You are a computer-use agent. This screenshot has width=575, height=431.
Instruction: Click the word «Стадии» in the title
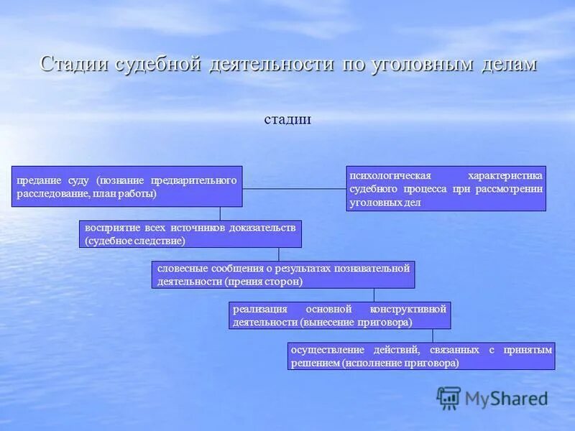(x=74, y=63)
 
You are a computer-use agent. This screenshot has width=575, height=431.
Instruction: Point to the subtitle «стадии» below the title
(x=287, y=119)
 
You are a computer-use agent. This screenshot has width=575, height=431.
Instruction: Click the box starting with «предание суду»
(x=126, y=187)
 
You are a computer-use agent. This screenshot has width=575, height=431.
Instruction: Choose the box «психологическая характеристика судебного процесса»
(x=446, y=189)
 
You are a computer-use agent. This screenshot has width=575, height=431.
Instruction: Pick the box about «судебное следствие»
(x=190, y=234)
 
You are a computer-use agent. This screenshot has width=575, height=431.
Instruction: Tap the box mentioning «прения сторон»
(x=283, y=274)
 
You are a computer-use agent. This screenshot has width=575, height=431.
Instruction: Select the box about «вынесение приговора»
(x=339, y=315)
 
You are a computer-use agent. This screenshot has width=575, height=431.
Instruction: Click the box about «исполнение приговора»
(x=421, y=356)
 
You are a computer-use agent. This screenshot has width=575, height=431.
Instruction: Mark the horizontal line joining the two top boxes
(x=294, y=188)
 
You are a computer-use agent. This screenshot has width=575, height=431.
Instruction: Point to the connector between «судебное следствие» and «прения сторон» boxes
(x=279, y=254)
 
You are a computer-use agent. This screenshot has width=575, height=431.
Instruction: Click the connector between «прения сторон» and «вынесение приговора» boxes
(x=374, y=295)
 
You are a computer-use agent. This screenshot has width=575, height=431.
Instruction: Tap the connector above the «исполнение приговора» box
(x=433, y=336)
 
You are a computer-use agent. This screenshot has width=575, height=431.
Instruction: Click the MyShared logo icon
(x=448, y=397)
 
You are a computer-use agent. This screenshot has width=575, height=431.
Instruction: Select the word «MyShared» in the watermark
(x=506, y=398)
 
